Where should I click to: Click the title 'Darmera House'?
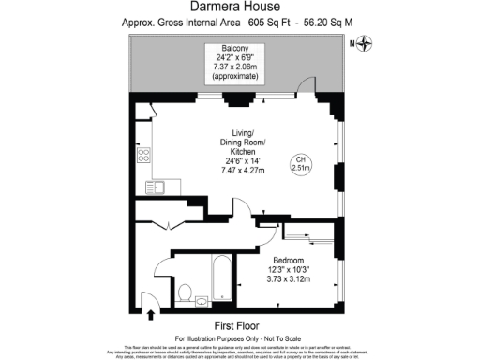239,7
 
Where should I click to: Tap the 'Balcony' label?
235,48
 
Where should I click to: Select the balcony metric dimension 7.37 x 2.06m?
235,68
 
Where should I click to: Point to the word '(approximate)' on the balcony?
235,79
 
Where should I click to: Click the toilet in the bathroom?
185,292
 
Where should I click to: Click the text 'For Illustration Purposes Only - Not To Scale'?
239,336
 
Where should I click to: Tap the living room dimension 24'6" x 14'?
237,160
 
